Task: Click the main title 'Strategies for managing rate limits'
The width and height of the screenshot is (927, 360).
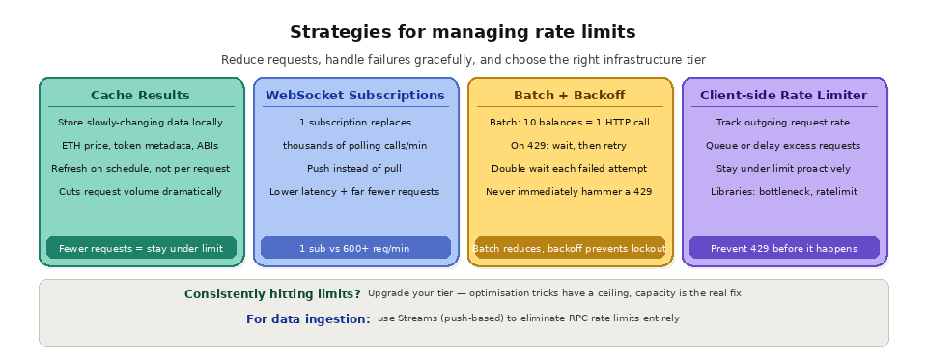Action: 463,32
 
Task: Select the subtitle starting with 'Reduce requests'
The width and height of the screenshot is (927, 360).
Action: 463,60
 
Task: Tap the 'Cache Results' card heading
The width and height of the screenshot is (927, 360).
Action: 140,96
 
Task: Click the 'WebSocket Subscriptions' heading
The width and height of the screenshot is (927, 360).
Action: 354,96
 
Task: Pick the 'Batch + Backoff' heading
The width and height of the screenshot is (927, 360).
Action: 569,96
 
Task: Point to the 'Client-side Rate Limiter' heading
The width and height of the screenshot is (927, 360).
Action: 783,96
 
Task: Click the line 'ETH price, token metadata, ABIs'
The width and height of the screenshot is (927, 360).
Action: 140,146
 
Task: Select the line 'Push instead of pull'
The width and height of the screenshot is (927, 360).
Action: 354,168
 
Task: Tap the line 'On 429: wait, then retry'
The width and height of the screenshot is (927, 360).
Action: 569,146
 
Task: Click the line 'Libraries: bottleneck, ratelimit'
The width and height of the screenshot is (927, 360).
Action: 783,191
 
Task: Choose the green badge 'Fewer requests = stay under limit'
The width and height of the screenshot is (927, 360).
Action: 140,248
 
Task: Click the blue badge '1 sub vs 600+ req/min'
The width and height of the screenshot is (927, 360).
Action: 354,248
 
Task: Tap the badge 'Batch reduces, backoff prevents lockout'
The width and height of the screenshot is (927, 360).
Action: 569,248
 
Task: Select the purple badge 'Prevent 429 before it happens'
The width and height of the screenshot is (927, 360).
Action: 783,248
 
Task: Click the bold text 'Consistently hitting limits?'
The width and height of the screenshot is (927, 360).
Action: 272,293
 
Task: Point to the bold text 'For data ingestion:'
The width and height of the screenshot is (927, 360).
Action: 308,318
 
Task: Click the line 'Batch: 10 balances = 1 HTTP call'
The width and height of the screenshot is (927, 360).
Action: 569,123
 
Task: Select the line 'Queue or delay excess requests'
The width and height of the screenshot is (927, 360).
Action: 783,146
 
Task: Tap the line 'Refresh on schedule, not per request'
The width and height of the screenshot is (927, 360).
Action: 140,168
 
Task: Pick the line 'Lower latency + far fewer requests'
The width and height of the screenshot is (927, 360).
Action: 354,191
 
